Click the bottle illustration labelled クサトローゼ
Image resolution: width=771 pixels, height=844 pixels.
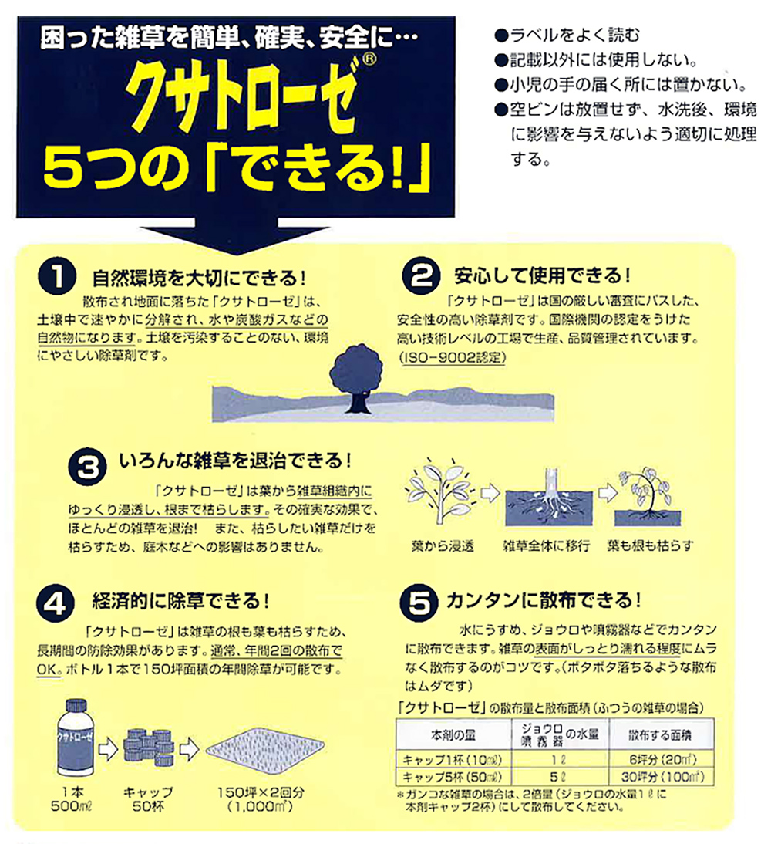pyautogui.click(x=73, y=740)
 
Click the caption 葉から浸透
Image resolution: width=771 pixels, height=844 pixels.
pyautogui.click(x=438, y=545)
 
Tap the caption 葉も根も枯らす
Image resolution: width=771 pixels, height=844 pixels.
pyautogui.click(x=650, y=545)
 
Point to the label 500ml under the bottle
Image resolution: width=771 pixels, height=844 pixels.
pyautogui.click(x=75, y=807)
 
